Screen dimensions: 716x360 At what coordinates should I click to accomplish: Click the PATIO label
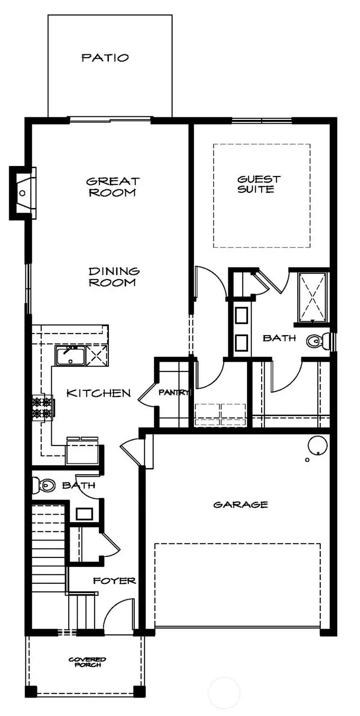(105, 58)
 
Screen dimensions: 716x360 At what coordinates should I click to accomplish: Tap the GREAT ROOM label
(112, 187)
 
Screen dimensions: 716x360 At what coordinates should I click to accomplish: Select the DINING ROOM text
(114, 277)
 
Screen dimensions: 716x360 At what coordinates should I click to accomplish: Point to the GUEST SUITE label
(259, 184)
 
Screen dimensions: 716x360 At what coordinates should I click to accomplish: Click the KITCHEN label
(99, 393)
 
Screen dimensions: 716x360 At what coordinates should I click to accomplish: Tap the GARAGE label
(241, 505)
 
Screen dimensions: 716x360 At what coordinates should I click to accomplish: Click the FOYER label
(114, 581)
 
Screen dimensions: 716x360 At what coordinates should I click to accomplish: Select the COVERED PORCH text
(87, 662)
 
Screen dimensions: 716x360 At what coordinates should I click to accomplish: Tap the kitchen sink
(70, 356)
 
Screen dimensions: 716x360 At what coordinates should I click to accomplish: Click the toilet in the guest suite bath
(316, 341)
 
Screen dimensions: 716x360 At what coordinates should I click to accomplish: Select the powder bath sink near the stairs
(82, 513)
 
